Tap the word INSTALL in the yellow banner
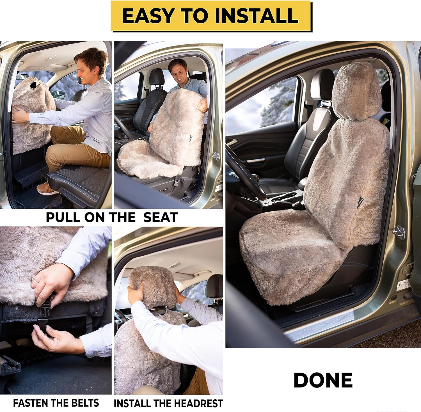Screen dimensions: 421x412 (x=256, y=16)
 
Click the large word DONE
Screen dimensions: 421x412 (x=323, y=380)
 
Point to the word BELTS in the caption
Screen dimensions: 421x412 (x=84, y=403)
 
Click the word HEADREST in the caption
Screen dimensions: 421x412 (x=195, y=404)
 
